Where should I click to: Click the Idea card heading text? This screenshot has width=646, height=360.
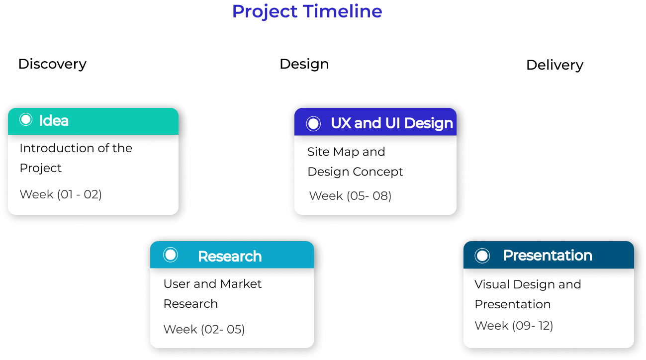[x=54, y=121]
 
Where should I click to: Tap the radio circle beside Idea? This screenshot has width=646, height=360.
[x=26, y=120]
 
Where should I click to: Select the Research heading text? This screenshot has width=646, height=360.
[x=230, y=257]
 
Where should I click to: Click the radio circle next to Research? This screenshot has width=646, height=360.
[x=171, y=255]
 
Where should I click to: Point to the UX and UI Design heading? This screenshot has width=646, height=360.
[x=392, y=123]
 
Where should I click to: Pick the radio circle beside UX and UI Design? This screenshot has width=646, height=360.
[x=313, y=124]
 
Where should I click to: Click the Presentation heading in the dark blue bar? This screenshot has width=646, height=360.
[x=548, y=256]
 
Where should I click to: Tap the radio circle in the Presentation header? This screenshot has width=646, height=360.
[x=482, y=256]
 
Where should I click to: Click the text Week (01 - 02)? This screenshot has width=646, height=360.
[x=61, y=194]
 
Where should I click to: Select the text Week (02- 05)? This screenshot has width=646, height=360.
[x=204, y=329]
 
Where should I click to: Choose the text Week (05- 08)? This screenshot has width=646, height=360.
[x=350, y=196]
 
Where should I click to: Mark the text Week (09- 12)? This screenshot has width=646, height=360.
[x=514, y=326]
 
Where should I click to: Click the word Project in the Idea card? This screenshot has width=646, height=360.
[x=41, y=168]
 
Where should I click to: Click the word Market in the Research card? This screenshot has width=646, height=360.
[x=241, y=284]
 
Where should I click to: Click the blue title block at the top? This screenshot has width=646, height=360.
[x=307, y=18]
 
